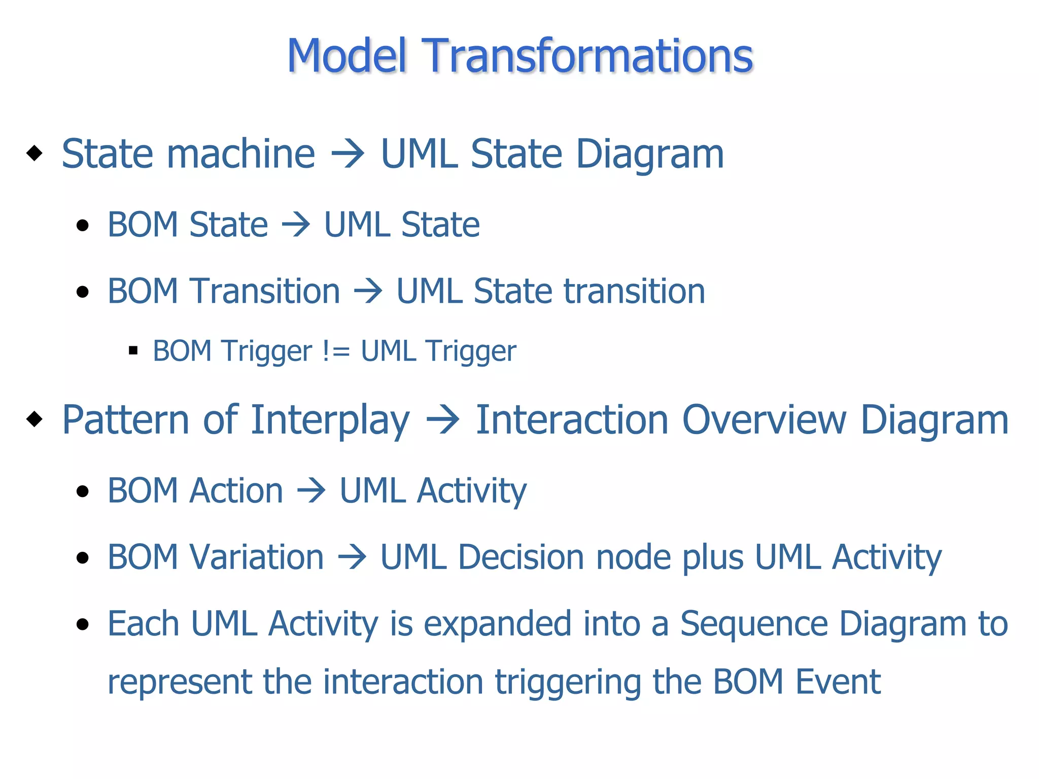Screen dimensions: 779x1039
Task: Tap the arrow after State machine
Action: [348, 154]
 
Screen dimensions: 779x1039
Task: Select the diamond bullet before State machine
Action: [34, 153]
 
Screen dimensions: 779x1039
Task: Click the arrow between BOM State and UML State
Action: [296, 225]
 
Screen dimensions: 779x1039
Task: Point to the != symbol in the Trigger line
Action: [336, 351]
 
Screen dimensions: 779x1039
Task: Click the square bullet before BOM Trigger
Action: [133, 350]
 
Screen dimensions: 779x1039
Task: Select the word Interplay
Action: [330, 421]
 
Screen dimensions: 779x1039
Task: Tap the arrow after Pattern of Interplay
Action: [442, 420]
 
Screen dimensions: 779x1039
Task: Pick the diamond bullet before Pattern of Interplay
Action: [34, 419]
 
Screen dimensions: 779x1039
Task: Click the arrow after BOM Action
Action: [311, 491]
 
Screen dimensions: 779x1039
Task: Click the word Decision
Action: [521, 557]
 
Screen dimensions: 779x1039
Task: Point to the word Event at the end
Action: [838, 682]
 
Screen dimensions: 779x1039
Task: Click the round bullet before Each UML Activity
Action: [82, 624]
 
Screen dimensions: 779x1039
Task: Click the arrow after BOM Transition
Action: [368, 292]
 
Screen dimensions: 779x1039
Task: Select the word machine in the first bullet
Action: [241, 154]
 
